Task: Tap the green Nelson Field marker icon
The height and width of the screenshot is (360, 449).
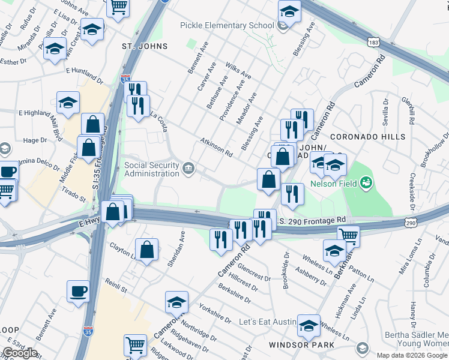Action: tap(366, 182)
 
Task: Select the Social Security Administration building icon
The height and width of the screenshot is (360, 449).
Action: tap(188, 167)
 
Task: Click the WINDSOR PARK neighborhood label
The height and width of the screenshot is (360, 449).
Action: tap(301, 345)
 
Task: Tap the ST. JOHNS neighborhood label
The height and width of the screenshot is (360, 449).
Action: tap(144, 46)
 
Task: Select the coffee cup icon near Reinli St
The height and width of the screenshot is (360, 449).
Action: tap(78, 292)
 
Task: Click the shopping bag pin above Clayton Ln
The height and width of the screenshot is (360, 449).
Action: tap(146, 250)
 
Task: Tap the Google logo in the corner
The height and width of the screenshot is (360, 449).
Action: tap(20, 353)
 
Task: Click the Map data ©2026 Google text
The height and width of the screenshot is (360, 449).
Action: tap(412, 355)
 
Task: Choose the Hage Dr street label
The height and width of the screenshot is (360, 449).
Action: tap(35, 140)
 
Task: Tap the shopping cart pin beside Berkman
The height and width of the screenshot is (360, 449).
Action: tap(348, 235)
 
